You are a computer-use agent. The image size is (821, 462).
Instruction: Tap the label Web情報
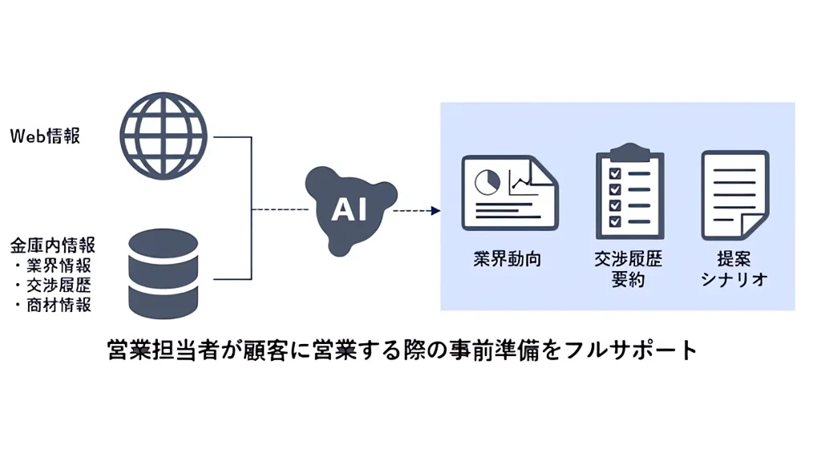pyautogui.click(x=45, y=136)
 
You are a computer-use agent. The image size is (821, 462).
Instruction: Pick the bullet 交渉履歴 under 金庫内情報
pyautogui.click(x=56, y=286)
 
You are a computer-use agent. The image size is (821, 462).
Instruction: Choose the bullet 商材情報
pyautogui.click(x=56, y=305)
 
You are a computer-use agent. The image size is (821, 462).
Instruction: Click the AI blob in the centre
pyautogui.click(x=350, y=210)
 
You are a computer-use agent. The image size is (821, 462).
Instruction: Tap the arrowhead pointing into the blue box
pyautogui.click(x=435, y=211)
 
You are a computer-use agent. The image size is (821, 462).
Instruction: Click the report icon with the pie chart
pyautogui.click(x=509, y=192)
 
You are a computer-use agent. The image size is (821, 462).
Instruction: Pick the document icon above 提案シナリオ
pyautogui.click(x=734, y=194)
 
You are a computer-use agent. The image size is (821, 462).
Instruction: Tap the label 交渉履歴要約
pyautogui.click(x=629, y=269)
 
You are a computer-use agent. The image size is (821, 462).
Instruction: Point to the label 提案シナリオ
pyautogui.click(x=734, y=269)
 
